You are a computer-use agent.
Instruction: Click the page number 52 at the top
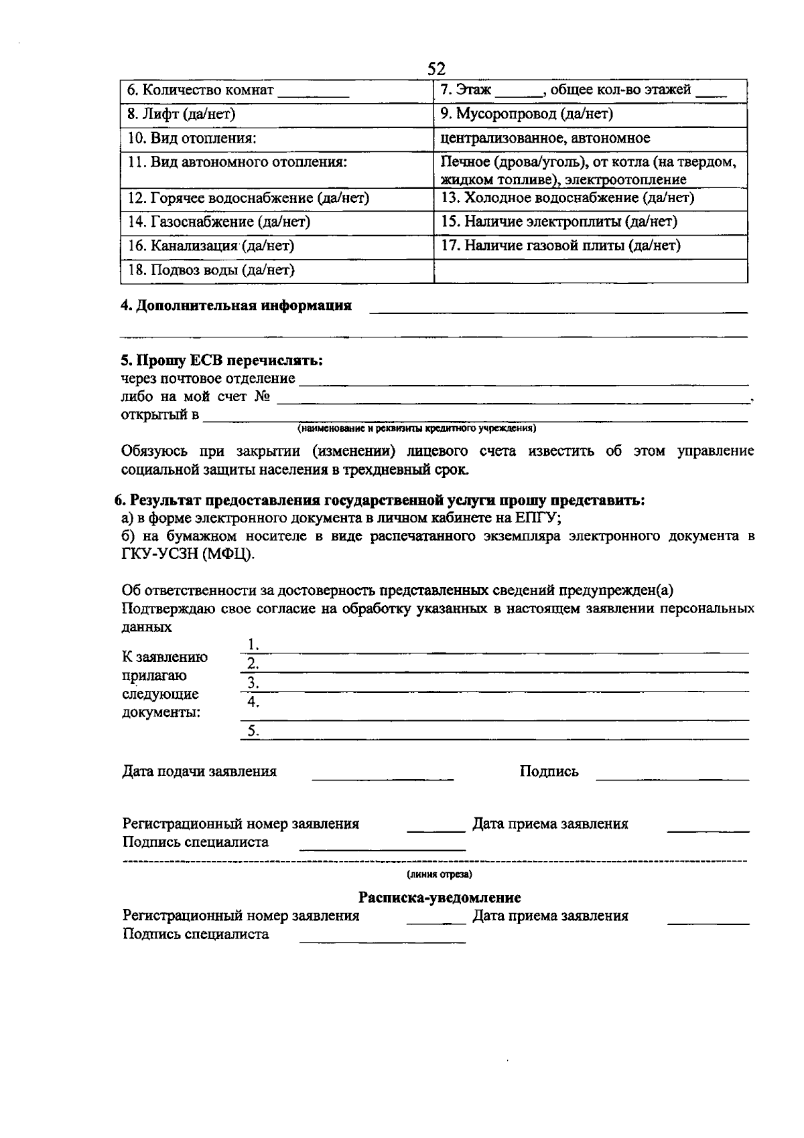[436, 69]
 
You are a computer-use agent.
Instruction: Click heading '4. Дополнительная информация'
[236, 306]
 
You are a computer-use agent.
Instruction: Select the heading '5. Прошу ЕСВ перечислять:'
[222, 361]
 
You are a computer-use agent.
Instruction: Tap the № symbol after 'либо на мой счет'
[262, 397]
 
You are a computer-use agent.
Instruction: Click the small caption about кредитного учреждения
[417, 428]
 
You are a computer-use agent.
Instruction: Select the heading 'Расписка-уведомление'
[440, 898]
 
